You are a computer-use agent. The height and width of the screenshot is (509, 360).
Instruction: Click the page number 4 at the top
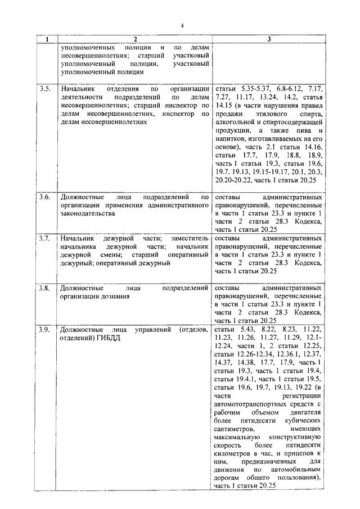tap(183, 25)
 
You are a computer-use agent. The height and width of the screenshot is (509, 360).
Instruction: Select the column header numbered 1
tap(47, 39)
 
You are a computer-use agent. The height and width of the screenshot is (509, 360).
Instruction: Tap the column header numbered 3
tap(269, 39)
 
